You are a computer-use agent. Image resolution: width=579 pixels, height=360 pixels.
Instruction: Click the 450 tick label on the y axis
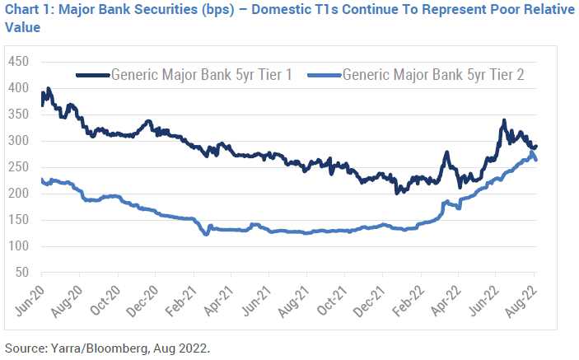pos(17,63)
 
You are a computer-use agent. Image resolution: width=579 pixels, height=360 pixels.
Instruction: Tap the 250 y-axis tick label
pos(17,167)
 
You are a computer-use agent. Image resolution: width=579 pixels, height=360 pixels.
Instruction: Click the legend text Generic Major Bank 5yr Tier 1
pos(208,74)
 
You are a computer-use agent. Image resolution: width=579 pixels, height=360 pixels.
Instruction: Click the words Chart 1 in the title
pos(29,10)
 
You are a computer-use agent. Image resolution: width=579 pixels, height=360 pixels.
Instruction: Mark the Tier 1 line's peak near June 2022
pos(503,122)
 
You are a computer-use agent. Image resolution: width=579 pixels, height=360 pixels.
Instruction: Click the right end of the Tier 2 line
pos(537,160)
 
